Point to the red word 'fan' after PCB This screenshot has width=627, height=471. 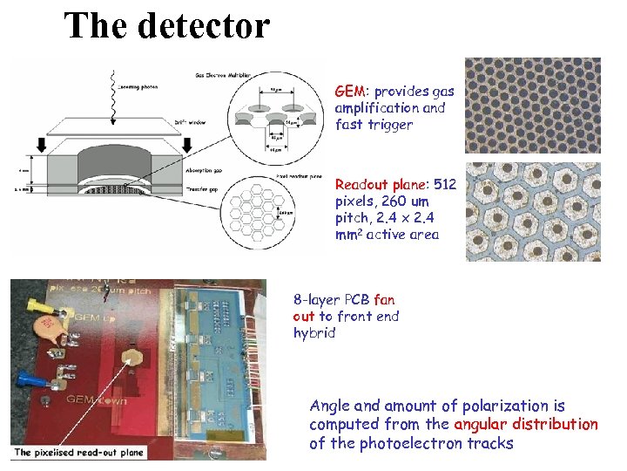click(x=384, y=300)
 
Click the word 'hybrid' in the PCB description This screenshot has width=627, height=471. click(x=313, y=332)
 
